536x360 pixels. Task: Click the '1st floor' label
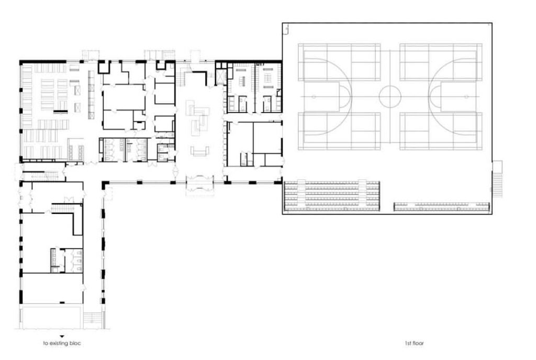[414, 343]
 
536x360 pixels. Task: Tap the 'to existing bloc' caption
[62, 343]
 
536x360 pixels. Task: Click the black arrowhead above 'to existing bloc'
[62, 336]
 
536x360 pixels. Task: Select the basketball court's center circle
[389, 97]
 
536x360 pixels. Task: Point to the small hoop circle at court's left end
[314, 97]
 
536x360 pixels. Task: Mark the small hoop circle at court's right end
[466, 97]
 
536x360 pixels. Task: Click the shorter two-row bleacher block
[442, 206]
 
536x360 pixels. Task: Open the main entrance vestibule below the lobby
[200, 185]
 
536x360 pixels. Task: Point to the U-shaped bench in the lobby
[200, 151]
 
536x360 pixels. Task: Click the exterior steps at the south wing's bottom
[93, 320]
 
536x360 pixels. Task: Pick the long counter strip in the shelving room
[91, 95]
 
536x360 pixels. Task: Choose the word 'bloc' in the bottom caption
[75, 343]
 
